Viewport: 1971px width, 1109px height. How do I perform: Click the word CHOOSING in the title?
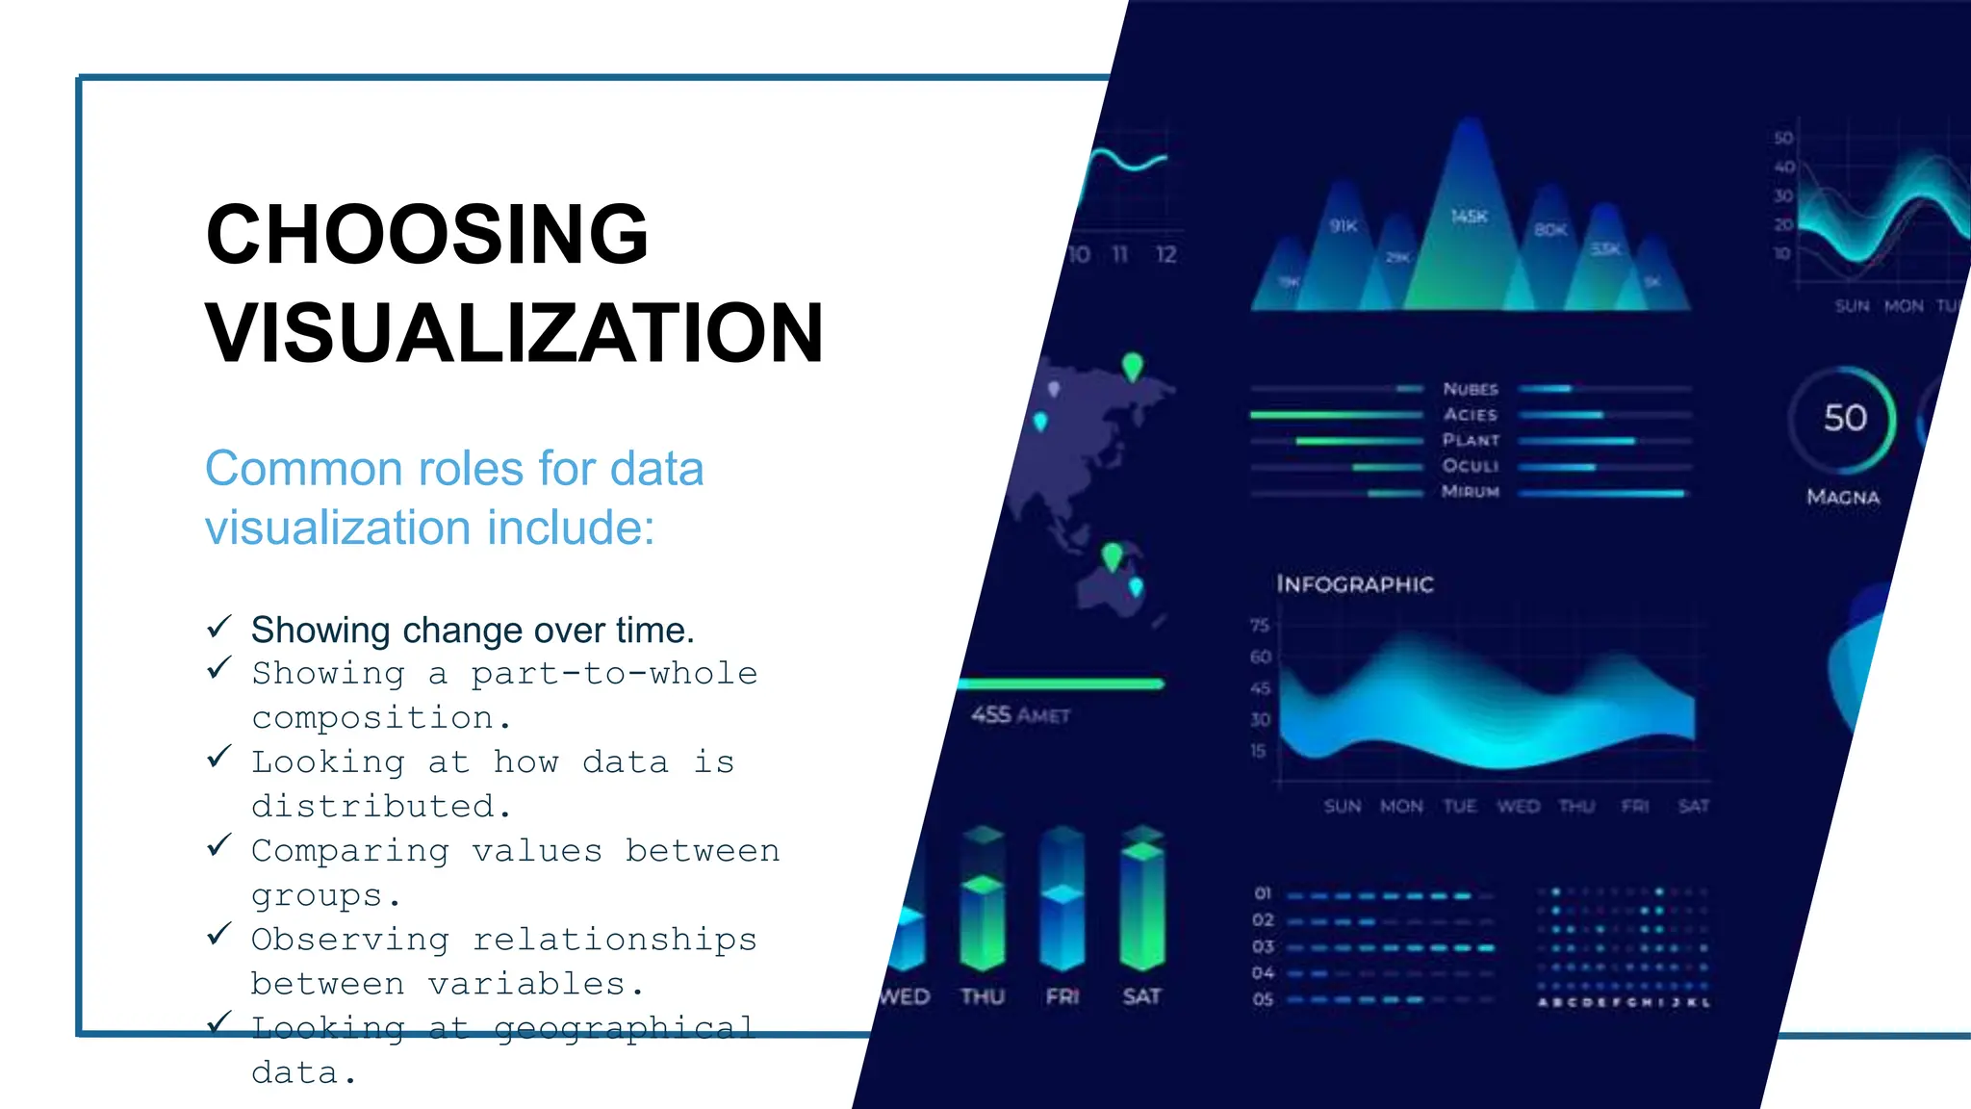427,235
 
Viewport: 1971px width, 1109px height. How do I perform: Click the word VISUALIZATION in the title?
515,334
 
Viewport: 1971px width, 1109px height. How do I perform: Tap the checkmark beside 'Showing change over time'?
219,628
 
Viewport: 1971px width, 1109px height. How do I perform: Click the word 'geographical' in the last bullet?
624,1028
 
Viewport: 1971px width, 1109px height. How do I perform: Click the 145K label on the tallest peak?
1470,217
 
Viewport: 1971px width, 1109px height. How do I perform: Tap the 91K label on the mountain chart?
1344,226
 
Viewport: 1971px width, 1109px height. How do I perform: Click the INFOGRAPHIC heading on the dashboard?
1355,584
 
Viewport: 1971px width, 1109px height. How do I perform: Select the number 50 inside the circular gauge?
1845,418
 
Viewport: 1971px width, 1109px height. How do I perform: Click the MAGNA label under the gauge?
1843,497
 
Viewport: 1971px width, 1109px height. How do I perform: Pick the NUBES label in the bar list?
1471,389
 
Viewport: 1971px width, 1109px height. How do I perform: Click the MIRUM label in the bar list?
1471,492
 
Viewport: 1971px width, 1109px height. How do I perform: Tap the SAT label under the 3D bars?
1141,996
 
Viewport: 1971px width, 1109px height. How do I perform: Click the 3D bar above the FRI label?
1062,900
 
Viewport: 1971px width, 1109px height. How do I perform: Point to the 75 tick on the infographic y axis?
1260,626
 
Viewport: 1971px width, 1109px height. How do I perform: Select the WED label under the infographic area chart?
1518,807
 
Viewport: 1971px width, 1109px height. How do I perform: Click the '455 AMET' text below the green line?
1020,715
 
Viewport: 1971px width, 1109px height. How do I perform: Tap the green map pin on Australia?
1113,556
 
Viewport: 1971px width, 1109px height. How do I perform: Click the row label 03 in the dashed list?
1263,946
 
